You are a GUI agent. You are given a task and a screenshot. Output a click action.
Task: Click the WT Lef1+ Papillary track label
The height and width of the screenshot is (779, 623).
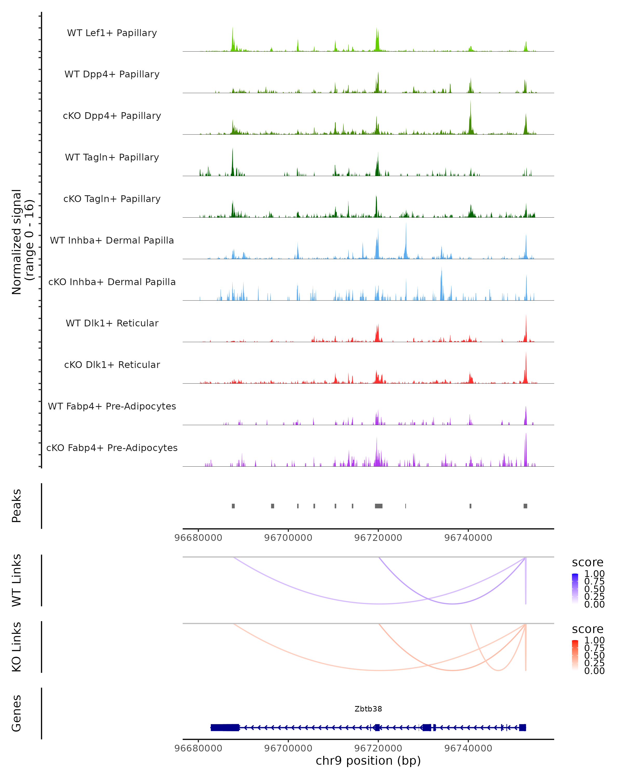coord(112,33)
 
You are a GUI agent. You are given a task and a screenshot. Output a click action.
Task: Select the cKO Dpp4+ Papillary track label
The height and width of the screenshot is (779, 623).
coord(112,116)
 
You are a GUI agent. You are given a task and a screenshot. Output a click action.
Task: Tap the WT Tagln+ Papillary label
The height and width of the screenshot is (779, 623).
coord(112,158)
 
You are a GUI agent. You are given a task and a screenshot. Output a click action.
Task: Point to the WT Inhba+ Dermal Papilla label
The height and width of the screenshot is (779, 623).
coord(112,241)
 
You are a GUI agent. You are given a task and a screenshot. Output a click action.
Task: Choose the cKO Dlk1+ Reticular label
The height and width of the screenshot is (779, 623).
coord(112,365)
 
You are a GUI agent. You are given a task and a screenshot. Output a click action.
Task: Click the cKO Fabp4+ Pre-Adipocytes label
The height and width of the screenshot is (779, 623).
coord(112,448)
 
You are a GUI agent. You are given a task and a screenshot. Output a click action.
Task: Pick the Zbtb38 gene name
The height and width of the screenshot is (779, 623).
coord(368,709)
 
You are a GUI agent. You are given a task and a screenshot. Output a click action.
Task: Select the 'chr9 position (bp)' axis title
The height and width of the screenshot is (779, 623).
coord(368,761)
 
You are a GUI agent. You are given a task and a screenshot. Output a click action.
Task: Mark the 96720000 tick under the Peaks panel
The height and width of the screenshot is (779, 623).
coord(378,538)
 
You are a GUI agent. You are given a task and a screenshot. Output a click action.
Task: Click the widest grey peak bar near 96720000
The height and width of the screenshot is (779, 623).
coord(378,506)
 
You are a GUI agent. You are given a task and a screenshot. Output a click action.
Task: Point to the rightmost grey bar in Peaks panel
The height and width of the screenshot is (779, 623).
coord(525,506)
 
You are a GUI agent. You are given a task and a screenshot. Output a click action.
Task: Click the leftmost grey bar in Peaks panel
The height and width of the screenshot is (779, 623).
coord(233,506)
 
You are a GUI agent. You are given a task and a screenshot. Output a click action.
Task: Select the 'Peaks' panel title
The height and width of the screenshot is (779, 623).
coord(17,506)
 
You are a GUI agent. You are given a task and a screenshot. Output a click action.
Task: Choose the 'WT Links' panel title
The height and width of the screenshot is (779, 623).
coord(17,580)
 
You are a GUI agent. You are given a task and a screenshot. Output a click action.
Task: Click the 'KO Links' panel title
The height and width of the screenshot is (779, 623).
coord(17,647)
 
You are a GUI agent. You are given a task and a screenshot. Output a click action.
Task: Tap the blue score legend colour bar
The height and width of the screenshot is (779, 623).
coord(575,589)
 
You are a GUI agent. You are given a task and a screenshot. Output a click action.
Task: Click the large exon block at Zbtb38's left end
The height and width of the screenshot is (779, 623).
coord(225,728)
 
